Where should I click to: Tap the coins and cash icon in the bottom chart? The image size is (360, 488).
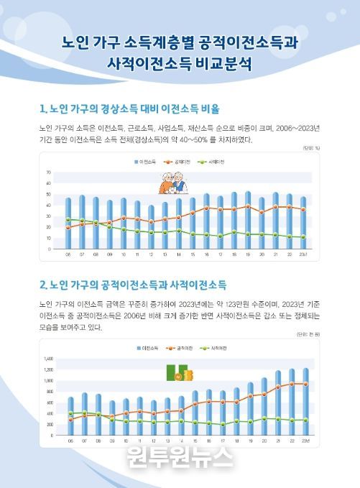pos(176,374)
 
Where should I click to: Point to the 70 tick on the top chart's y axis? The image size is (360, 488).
pos(48,173)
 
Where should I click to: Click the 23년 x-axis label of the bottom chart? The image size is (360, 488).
pos(305,441)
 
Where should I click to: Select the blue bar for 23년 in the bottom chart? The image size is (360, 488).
pos(305,402)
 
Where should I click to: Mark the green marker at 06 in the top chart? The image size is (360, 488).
pos(69,219)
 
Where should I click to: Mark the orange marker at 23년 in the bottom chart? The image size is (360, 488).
pos(305,384)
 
